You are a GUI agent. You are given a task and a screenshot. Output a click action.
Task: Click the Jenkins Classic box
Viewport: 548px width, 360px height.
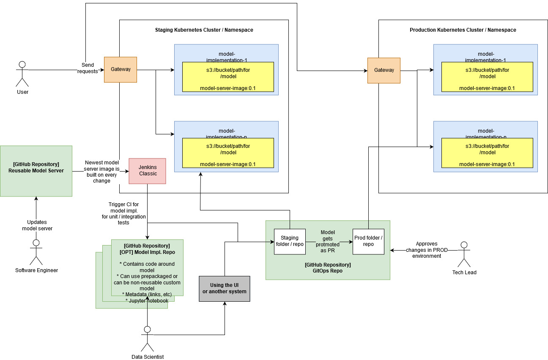147,171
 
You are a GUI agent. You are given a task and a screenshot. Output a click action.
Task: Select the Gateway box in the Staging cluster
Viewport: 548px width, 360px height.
121,69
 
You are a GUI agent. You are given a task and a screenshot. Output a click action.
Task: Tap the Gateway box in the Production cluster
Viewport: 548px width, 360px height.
384,70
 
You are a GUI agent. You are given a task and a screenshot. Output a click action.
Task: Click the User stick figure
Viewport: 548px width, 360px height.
22,74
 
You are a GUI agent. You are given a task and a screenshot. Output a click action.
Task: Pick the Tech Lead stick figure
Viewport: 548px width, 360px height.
464,254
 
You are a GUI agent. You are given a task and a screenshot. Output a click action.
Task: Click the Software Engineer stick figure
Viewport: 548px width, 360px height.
36,252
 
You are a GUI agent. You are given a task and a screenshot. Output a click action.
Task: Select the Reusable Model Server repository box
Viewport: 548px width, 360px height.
36,171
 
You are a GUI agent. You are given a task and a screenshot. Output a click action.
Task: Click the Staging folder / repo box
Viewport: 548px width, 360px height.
290,241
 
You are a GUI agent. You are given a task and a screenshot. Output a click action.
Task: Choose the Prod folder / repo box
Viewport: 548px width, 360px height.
368,241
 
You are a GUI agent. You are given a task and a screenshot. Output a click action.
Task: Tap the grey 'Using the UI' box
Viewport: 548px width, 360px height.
225,288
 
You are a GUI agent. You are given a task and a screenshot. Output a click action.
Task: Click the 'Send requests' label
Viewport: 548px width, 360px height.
88,68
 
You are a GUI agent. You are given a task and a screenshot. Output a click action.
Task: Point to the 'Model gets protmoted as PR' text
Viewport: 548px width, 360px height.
329,241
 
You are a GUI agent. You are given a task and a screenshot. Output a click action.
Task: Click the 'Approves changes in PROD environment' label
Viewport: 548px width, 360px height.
427,250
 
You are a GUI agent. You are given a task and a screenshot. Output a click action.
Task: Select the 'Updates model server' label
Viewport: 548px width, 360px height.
37,225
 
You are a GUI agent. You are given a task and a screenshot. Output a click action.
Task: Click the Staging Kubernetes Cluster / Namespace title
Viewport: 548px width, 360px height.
204,30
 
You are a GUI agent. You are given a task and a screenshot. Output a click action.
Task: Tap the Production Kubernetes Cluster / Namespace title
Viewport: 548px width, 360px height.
463,30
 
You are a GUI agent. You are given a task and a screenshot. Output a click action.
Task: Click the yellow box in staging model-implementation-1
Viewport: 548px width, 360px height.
228,77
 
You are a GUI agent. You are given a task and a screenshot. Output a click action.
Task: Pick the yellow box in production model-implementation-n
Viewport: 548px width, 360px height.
487,153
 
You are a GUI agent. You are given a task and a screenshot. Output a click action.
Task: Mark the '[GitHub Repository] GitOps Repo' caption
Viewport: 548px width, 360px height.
328,268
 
